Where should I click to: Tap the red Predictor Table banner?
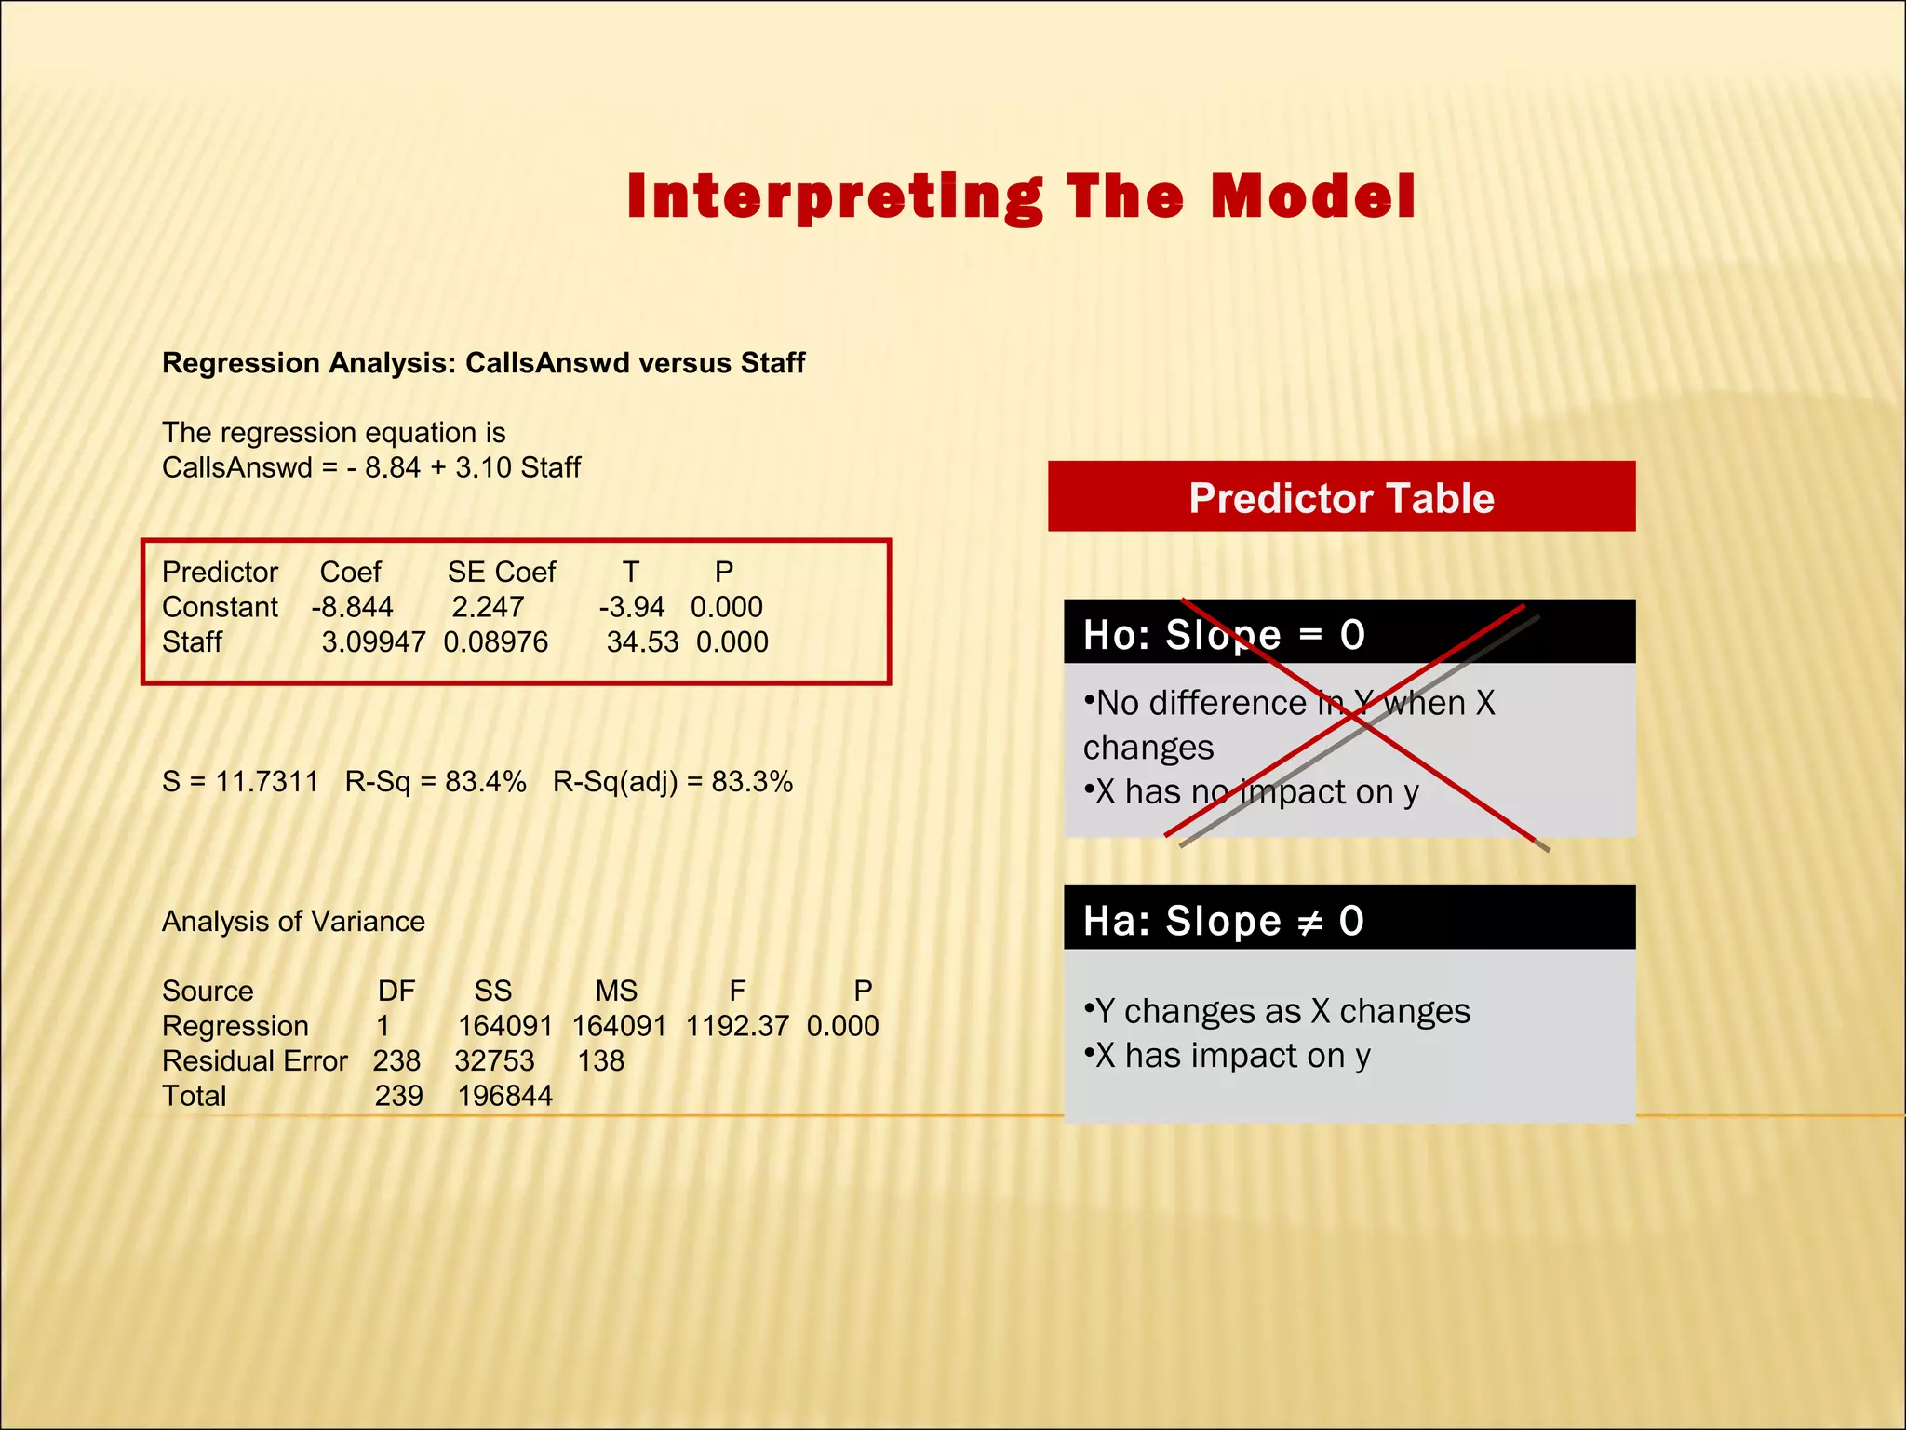pyautogui.click(x=1340, y=497)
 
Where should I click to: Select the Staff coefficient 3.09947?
pyautogui.click(x=373, y=641)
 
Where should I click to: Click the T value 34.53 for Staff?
pyautogui.click(x=642, y=641)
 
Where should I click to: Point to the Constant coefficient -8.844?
pyautogui.click(x=352, y=607)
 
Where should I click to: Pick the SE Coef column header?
pyautogui.click(x=501, y=572)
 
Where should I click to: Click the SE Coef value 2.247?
pyautogui.click(x=488, y=607)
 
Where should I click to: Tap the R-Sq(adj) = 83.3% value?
pyautogui.click(x=672, y=781)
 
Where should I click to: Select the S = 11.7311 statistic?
pyautogui.click(x=240, y=781)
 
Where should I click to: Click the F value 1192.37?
pyautogui.click(x=737, y=1026)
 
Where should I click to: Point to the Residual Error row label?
pyautogui.click(x=254, y=1060)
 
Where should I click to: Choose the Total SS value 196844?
pyautogui.click(x=504, y=1096)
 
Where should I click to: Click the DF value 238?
pyautogui.click(x=396, y=1060)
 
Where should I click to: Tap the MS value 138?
pyautogui.click(x=600, y=1060)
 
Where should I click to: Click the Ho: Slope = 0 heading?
pyautogui.click(x=1223, y=635)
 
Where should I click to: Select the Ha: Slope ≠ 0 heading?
pyautogui.click(x=1223, y=921)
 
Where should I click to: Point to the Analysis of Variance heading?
pyautogui.click(x=293, y=921)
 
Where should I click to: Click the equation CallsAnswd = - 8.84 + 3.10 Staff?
pyautogui.click(x=370, y=467)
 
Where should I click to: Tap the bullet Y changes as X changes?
pyautogui.click(x=1278, y=1011)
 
